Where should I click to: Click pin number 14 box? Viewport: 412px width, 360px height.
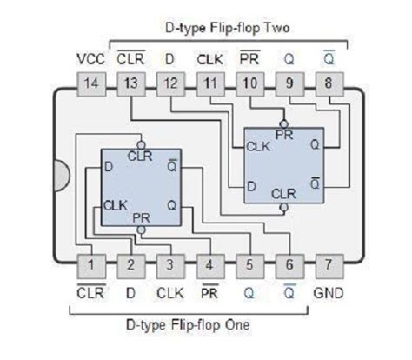click(x=90, y=85)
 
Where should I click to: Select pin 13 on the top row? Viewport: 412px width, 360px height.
click(x=130, y=85)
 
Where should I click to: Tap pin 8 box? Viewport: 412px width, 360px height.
click(x=328, y=85)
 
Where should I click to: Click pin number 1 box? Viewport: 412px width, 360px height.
click(x=90, y=263)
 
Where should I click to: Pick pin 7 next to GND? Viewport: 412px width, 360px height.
click(x=328, y=263)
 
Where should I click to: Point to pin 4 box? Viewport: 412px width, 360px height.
click(x=209, y=263)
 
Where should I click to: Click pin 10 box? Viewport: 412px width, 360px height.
click(x=249, y=85)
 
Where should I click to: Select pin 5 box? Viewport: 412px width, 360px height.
click(x=249, y=263)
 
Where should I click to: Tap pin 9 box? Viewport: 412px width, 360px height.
click(x=288, y=85)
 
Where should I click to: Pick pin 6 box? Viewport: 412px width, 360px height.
click(x=288, y=263)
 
